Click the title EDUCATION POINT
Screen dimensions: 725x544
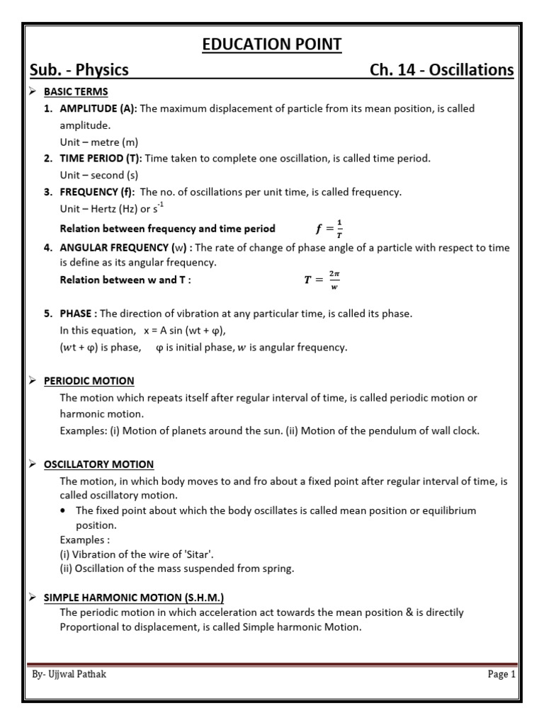[x=272, y=45]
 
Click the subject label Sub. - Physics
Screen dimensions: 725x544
[x=79, y=69]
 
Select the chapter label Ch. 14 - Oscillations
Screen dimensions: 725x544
[x=442, y=69]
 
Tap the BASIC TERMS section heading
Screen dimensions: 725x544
[x=76, y=92]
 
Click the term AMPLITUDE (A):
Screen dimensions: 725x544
[x=98, y=108]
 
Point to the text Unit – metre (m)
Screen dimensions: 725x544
[x=99, y=142]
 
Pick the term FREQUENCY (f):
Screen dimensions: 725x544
[x=98, y=192]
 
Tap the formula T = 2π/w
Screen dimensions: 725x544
[x=322, y=279]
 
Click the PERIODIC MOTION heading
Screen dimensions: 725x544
[x=89, y=381]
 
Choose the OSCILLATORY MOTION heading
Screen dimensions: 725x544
[x=98, y=464]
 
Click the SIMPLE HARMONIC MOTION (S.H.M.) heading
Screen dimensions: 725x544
[x=134, y=598]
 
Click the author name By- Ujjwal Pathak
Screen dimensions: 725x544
[x=69, y=674]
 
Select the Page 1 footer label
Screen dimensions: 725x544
[x=501, y=674]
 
